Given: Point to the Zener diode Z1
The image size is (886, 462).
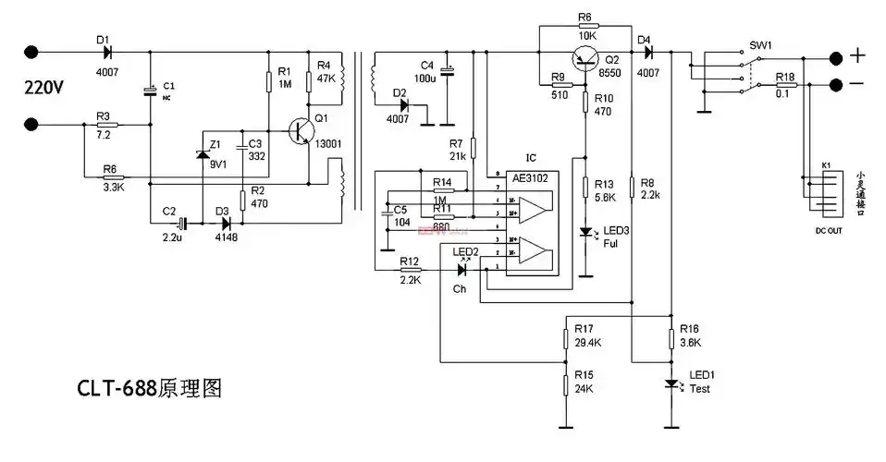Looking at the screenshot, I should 202,155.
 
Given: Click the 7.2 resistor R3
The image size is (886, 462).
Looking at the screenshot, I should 107,123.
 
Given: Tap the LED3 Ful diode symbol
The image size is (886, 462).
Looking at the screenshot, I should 585,231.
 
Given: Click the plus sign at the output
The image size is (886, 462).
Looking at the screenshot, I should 858,56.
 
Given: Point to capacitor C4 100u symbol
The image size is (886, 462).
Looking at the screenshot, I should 448,71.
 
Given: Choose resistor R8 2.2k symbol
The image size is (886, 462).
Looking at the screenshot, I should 632,189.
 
